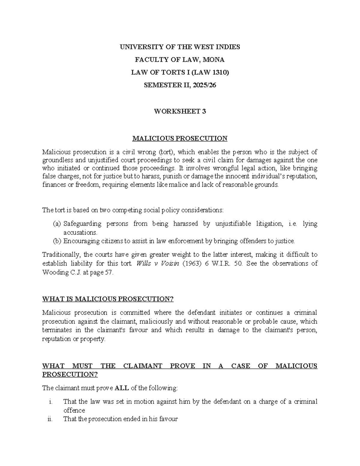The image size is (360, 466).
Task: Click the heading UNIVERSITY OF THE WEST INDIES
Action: coord(180,47)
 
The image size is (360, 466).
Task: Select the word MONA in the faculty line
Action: coord(214,60)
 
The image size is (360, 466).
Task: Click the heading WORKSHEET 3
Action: coord(180,111)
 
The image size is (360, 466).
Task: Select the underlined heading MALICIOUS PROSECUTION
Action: coord(180,138)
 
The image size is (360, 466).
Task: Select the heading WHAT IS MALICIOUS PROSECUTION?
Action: coord(108,299)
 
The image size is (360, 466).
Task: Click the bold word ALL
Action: coord(122,388)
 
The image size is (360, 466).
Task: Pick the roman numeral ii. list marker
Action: coord(50,419)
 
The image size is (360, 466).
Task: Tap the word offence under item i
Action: coord(74,410)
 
